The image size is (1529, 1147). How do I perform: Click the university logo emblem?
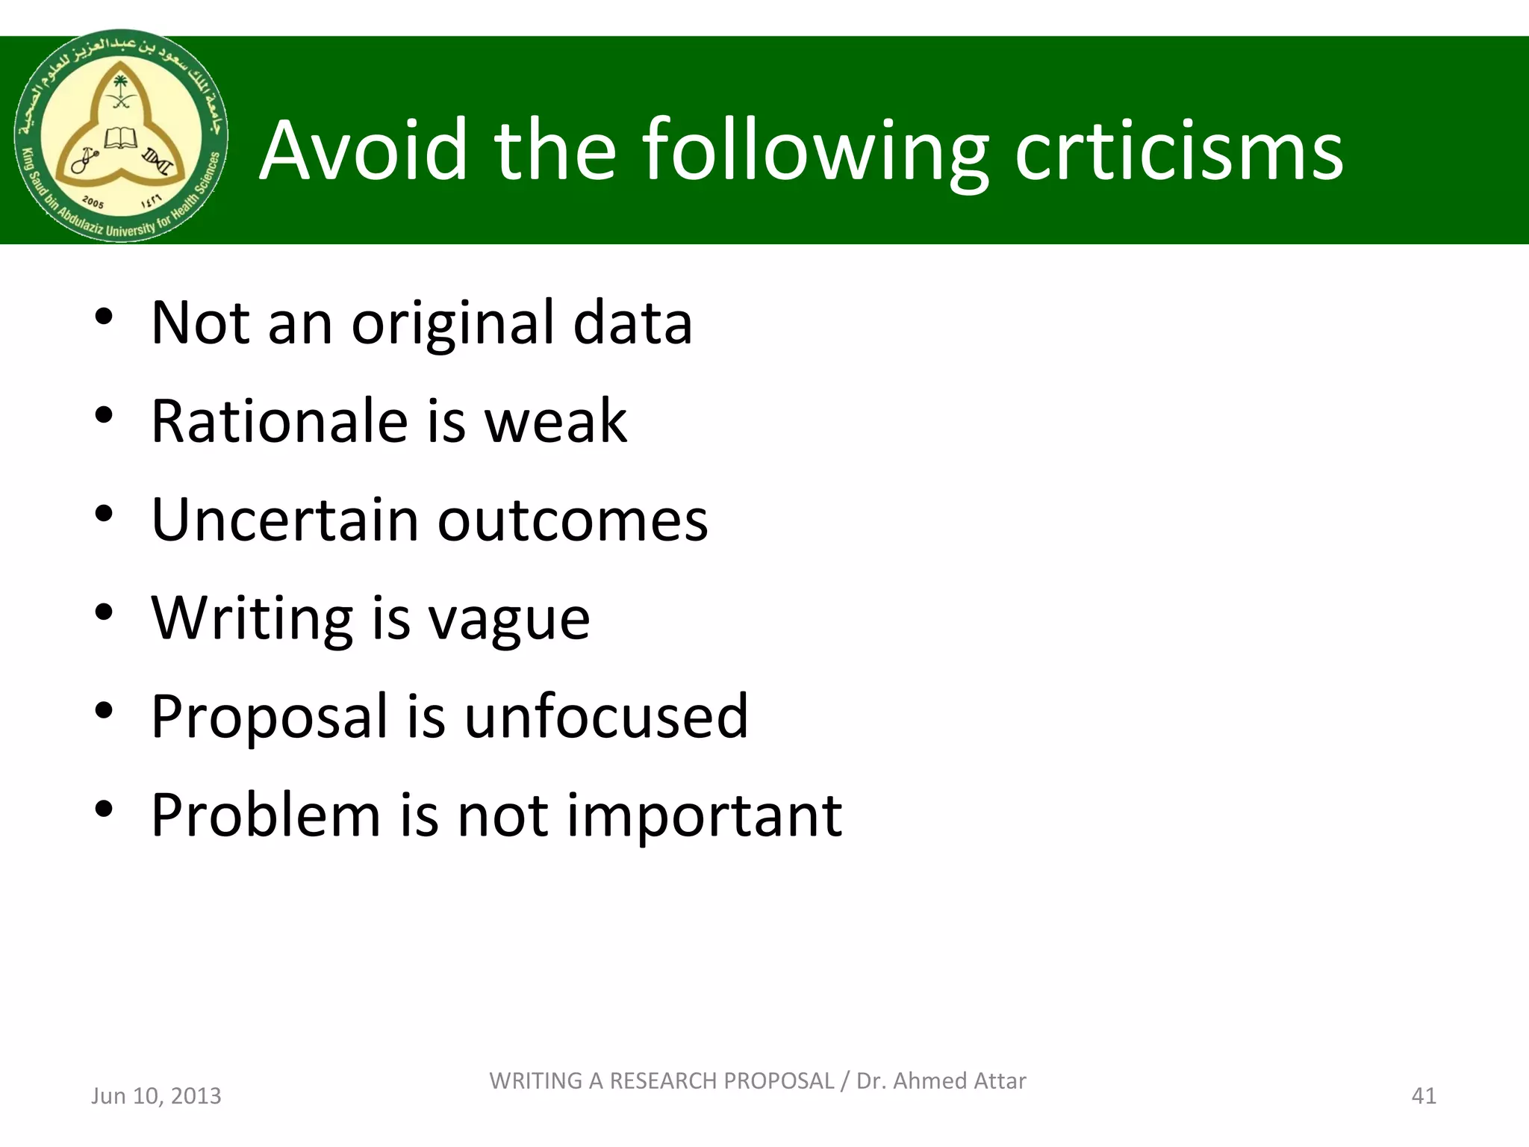point(121,136)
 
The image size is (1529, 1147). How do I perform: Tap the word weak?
point(556,421)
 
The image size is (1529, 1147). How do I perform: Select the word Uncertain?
point(284,520)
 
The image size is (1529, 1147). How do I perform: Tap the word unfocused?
point(606,717)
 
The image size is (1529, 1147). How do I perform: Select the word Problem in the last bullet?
point(265,815)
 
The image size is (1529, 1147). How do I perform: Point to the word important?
point(704,816)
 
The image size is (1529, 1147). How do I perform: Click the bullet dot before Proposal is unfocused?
point(104,710)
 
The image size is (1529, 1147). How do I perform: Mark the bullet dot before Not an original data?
point(104,317)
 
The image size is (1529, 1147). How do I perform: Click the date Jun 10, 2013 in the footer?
point(156,1095)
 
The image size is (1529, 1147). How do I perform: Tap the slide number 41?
point(1424,1095)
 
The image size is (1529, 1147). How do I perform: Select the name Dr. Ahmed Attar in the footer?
point(941,1081)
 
